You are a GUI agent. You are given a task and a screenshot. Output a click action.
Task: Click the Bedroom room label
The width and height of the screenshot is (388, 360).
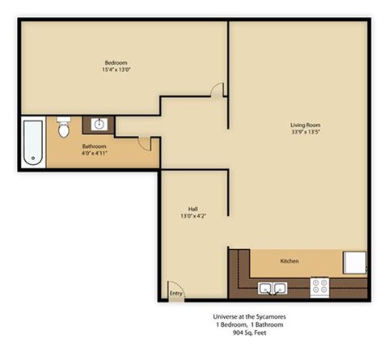tap(116, 63)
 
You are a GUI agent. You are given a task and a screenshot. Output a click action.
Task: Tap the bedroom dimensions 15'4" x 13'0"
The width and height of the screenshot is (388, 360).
tap(116, 70)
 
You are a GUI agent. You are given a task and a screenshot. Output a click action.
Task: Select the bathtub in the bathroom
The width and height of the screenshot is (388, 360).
tap(32, 143)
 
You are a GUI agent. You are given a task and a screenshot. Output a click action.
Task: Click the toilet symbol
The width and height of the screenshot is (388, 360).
tap(65, 128)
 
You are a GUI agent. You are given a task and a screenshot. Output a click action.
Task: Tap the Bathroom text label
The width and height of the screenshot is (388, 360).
tap(94, 146)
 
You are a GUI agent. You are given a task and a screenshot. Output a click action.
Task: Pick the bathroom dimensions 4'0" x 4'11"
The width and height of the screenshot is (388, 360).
tap(94, 153)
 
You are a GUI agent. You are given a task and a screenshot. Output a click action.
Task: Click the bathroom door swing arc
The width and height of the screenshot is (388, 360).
tap(143, 142)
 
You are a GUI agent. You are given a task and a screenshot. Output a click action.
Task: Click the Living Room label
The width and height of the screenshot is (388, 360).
tap(306, 125)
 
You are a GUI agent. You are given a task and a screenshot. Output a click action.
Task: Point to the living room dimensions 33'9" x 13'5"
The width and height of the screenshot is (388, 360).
tap(306, 132)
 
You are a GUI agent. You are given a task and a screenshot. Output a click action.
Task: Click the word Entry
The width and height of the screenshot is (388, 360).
tap(175, 293)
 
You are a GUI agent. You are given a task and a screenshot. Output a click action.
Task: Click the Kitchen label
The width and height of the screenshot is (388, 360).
tap(290, 261)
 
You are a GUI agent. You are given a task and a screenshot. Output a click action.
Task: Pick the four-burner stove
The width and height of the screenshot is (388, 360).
tap(321, 286)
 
